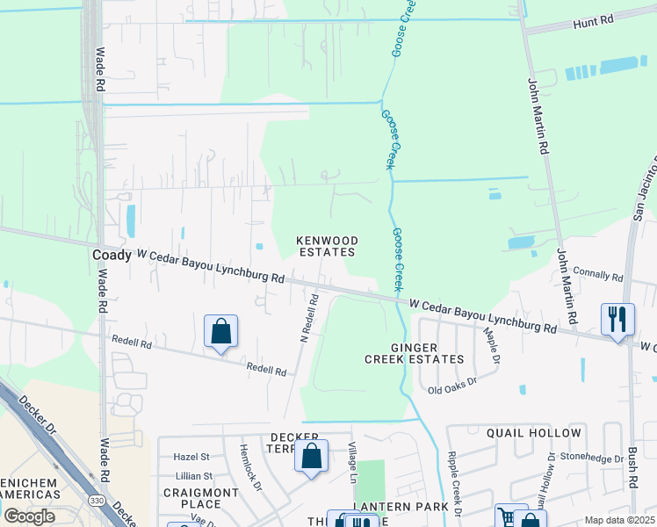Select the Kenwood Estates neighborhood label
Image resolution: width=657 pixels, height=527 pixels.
coord(327,246)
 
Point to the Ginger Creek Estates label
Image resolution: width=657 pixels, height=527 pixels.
coord(414,353)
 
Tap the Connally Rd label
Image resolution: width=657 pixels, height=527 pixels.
coord(601,275)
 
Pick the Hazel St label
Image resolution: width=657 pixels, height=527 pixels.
coord(191,457)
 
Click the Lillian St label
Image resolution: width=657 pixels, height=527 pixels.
coord(193,475)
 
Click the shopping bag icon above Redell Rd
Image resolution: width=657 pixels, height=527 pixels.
coord(221,332)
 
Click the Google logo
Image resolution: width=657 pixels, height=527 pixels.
coord(29,516)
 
